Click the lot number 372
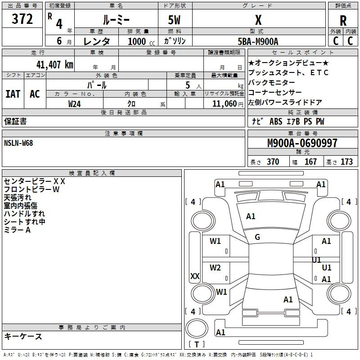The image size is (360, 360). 22,19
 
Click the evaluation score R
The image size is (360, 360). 343,20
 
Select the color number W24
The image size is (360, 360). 74,104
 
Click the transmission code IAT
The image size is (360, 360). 13,94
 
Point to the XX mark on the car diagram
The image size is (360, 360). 195,276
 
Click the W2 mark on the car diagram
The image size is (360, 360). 216,268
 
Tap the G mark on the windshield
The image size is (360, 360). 257,237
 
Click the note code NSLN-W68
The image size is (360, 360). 18,143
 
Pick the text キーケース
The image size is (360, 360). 23,336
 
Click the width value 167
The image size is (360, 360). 310,162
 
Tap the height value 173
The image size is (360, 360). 346,162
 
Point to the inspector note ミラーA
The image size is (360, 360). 17,230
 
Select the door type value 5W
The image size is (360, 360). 175,20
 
